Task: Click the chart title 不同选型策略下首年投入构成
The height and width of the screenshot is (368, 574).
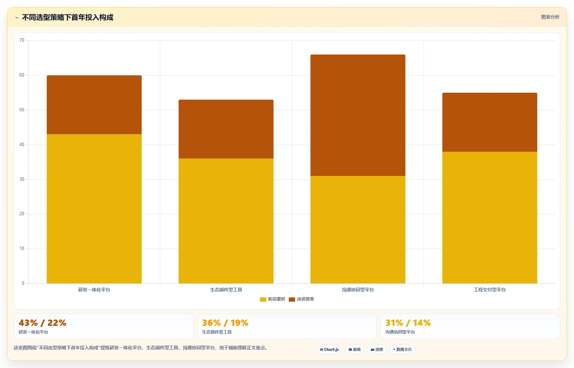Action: click(67, 18)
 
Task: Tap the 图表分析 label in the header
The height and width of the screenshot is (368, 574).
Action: click(550, 17)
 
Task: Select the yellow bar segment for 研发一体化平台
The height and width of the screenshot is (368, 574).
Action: click(94, 209)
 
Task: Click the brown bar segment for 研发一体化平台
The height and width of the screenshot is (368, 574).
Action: click(94, 105)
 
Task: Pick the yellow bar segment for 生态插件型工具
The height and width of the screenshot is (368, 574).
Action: click(226, 221)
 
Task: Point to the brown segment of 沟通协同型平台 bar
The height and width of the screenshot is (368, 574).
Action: click(358, 115)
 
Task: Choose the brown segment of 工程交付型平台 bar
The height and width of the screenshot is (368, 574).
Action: click(490, 122)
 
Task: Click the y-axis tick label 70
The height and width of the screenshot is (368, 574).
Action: click(22, 40)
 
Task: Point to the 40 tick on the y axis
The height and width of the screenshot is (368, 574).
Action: click(22, 145)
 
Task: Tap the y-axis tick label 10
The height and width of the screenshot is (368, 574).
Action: click(22, 249)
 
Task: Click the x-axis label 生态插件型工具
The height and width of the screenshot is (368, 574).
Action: click(226, 290)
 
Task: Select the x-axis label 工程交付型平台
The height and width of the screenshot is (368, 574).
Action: click(490, 290)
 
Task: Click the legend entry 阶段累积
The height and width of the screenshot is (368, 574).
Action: click(272, 299)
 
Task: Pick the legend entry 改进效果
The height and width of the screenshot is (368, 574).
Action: click(301, 299)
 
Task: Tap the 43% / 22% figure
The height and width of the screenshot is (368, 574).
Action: click(43, 323)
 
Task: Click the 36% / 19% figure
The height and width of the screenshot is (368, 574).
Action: click(225, 323)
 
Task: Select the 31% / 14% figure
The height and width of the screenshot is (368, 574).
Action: click(408, 323)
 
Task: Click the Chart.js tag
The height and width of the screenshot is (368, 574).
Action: click(329, 349)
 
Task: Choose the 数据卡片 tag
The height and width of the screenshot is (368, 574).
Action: click(402, 349)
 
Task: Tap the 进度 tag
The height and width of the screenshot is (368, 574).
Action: click(377, 349)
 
